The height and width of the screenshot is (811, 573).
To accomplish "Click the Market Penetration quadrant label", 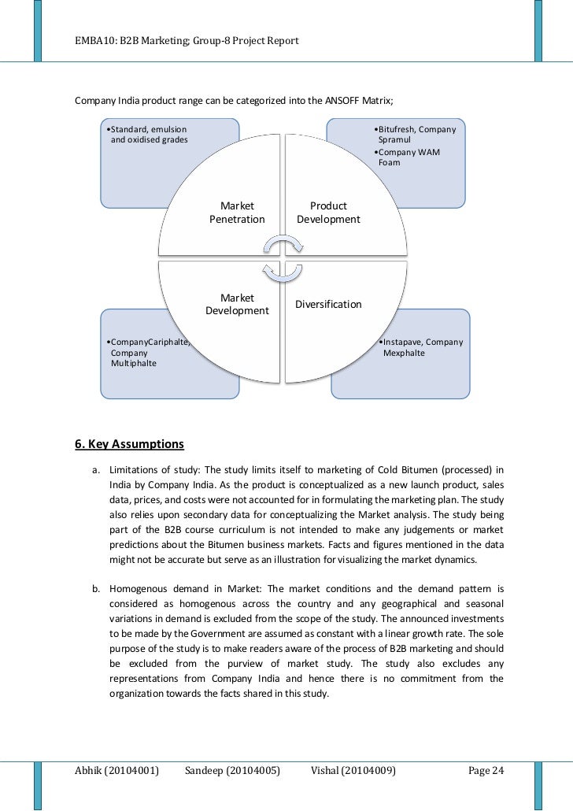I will (x=237, y=213).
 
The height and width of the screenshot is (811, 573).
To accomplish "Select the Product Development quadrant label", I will (x=328, y=213).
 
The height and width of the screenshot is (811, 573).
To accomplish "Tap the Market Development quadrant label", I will (x=237, y=305).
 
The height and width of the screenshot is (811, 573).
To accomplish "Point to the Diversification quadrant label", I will (x=328, y=304).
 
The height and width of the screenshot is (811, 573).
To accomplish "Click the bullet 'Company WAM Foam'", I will (x=411, y=157).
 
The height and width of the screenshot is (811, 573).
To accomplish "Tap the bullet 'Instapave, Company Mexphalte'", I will (x=422, y=348).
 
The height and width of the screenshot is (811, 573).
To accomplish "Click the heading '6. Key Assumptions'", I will (x=129, y=443).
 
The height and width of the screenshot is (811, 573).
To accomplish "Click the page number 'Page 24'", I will (x=485, y=770).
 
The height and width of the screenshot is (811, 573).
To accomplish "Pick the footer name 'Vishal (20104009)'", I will (x=353, y=770).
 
